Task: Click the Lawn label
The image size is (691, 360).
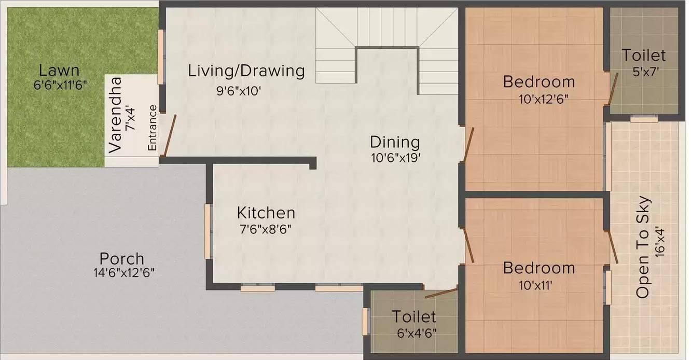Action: [x=59, y=70]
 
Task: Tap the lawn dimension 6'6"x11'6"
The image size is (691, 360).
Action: [x=59, y=86]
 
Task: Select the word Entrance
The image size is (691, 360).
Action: [x=153, y=128]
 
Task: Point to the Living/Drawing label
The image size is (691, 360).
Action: [x=246, y=71]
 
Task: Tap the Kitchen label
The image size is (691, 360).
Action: [x=266, y=213]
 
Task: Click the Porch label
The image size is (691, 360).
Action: [x=122, y=258]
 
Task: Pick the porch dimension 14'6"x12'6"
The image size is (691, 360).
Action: [x=121, y=273]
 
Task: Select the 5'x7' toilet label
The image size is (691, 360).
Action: [x=643, y=71]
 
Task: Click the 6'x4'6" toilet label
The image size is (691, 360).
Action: [x=414, y=333]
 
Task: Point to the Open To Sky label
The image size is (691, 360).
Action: [x=643, y=247]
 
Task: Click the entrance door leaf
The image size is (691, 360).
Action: [x=170, y=135]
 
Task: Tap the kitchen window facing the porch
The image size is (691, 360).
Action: [x=208, y=231]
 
